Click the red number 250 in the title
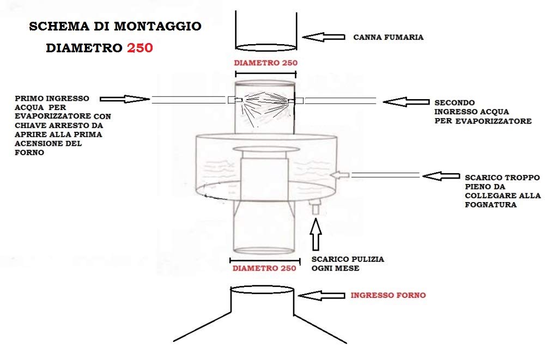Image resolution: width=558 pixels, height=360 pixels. point(140,47)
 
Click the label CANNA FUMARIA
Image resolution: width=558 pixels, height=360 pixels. point(389,38)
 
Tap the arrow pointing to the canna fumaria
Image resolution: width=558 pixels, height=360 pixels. point(324,37)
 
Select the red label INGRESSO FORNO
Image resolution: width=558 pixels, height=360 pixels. point(388,295)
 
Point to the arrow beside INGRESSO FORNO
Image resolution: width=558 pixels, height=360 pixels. point(322,295)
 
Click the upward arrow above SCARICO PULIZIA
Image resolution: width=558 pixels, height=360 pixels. point(316,233)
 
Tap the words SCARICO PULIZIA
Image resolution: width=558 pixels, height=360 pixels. point(347,259)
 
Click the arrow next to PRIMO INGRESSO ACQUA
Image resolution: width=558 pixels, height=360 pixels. point(125,99)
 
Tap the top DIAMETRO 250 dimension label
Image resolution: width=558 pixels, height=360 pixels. point(265,63)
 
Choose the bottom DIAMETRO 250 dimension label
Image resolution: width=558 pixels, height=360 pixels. point(264,268)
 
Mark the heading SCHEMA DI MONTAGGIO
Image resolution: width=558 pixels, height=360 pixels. point(115,26)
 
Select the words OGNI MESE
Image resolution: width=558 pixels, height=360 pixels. point(335,269)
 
